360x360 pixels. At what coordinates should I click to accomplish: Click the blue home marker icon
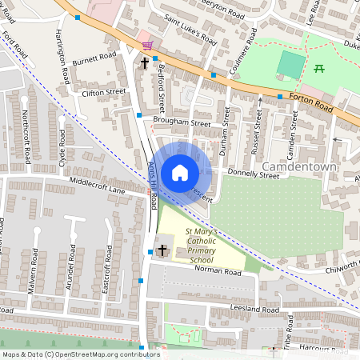click(180, 172)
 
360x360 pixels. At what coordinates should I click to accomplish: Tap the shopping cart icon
click(146, 46)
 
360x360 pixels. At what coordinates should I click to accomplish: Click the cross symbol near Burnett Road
click(146, 62)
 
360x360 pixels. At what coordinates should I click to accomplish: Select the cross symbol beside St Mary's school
click(162, 251)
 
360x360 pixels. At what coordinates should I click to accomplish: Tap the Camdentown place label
click(299, 168)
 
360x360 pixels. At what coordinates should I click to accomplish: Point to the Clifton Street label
click(104, 93)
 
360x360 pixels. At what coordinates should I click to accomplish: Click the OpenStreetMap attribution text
click(80, 354)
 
